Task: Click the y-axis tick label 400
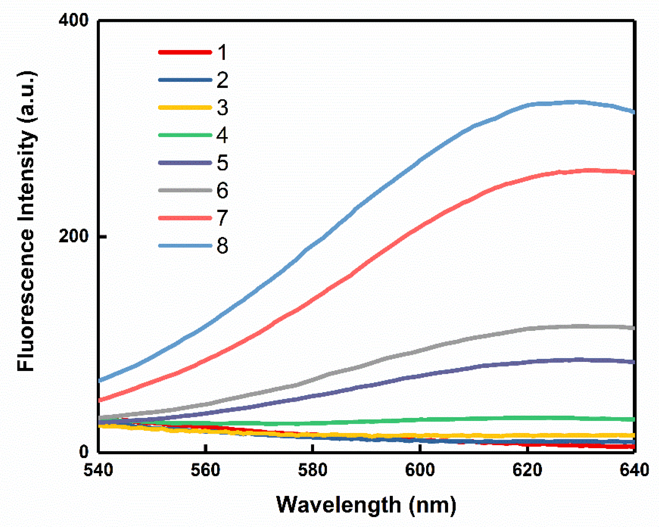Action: pyautogui.click(x=73, y=21)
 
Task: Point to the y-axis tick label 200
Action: pyautogui.click(x=73, y=236)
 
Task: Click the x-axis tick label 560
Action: pyautogui.click(x=205, y=470)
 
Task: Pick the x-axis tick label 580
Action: pyautogui.click(x=313, y=470)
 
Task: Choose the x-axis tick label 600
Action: pyautogui.click(x=420, y=470)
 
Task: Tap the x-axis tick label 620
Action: pyautogui.click(x=527, y=470)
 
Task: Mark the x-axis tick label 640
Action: pyautogui.click(x=634, y=470)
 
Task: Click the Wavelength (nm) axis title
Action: pyautogui.click(x=366, y=505)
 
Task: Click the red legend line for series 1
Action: pyautogui.click(x=185, y=52)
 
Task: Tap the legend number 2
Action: pyautogui.click(x=222, y=80)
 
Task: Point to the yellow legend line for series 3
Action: pyautogui.click(x=185, y=108)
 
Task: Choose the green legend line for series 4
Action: pyautogui.click(x=185, y=135)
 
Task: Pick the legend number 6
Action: pyautogui.click(x=222, y=190)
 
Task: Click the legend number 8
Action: pyautogui.click(x=222, y=246)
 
